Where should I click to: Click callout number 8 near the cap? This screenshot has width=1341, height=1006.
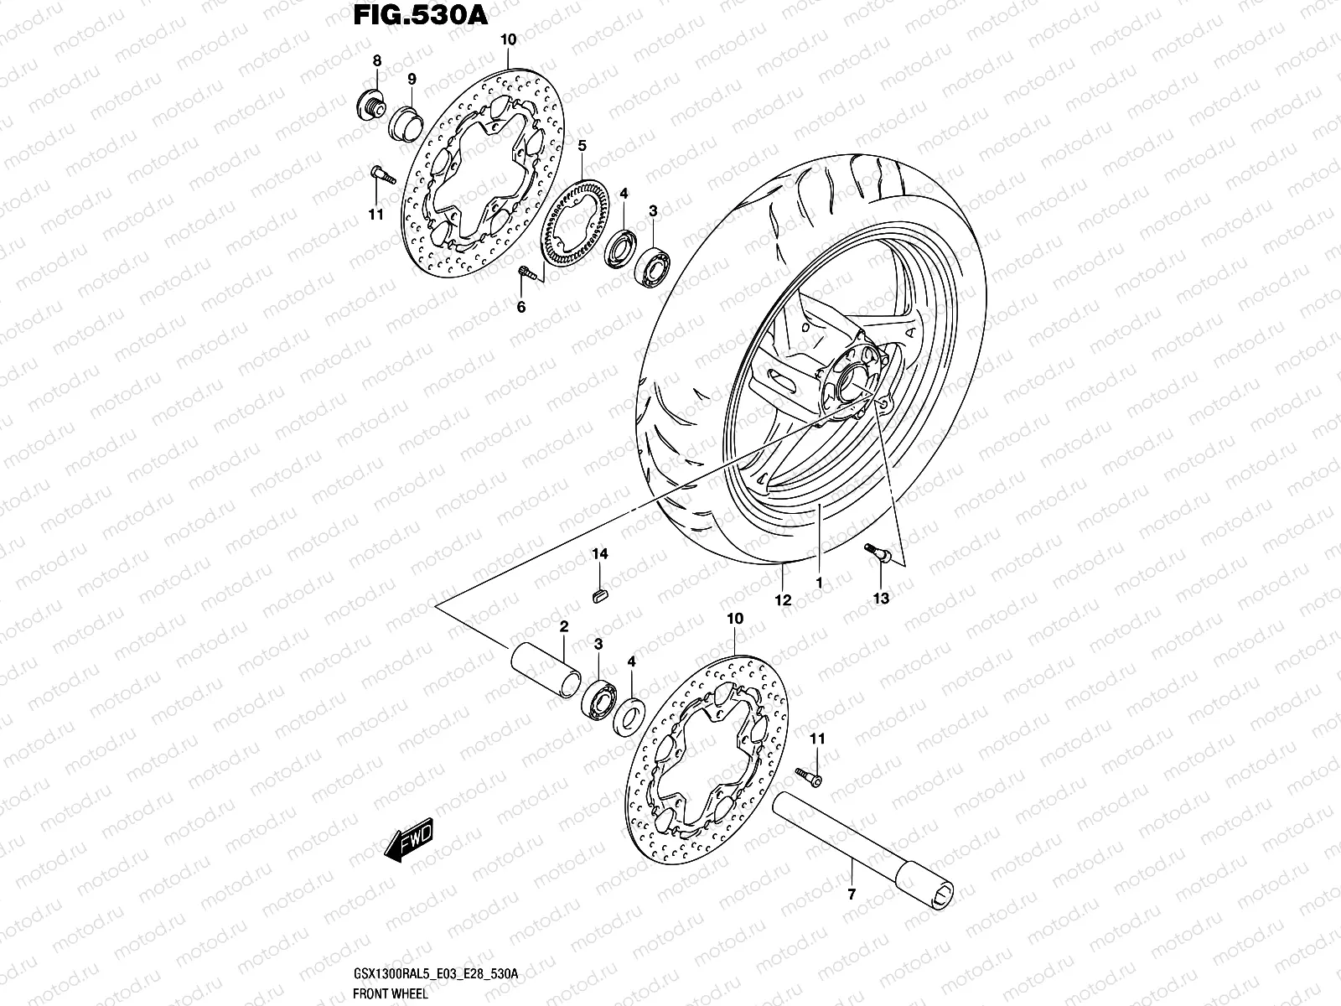pos(377,60)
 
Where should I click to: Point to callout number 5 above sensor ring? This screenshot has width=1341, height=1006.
pos(605,145)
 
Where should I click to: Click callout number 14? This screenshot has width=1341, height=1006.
pos(600,554)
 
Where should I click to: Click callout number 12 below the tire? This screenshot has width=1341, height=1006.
pos(783,599)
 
